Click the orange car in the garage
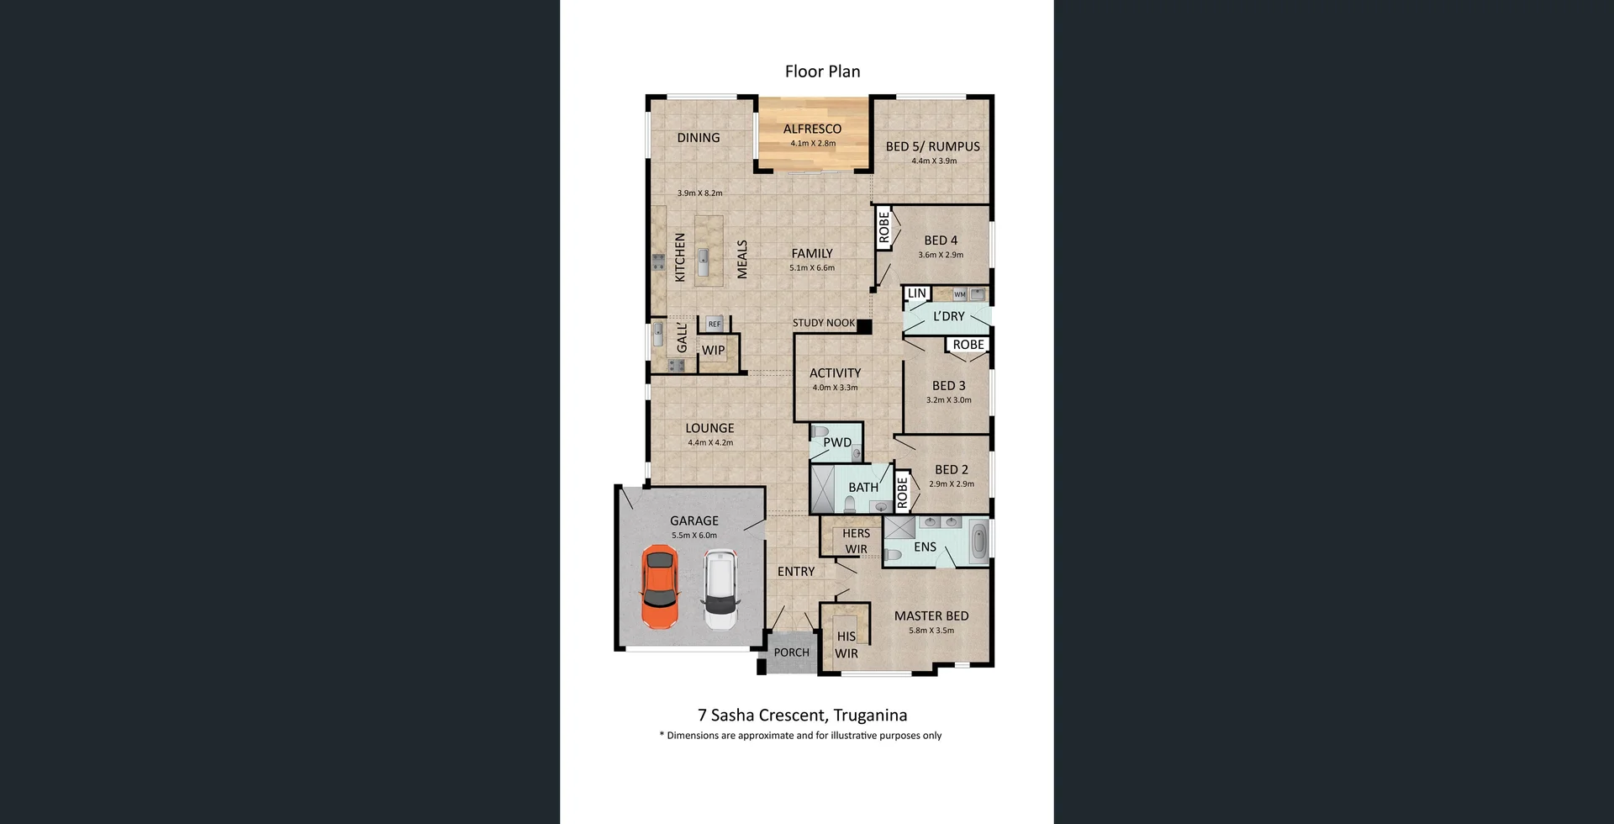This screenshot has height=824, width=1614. point(659,587)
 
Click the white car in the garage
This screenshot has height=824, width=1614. point(720,589)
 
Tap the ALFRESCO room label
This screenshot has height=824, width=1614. point(812,129)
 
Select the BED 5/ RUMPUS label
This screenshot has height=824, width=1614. point(932,146)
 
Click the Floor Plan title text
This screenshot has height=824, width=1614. point(822,71)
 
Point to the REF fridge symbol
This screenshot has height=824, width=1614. point(714,324)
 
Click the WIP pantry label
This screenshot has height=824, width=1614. point(713,351)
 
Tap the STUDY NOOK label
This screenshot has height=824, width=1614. point(824,323)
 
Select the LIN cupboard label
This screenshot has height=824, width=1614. point(916,293)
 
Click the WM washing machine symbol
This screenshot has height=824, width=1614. point(959,294)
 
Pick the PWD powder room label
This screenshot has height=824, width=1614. point(837,442)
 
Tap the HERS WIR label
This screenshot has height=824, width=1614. point(856,541)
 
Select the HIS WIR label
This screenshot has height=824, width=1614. point(846,645)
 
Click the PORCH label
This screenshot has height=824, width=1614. point(791,652)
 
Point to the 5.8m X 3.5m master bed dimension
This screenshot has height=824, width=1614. point(931,631)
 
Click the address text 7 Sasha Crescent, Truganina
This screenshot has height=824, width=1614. point(802,716)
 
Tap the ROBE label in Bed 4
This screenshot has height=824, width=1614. point(884,228)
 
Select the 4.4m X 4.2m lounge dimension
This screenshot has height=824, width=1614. point(710,442)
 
